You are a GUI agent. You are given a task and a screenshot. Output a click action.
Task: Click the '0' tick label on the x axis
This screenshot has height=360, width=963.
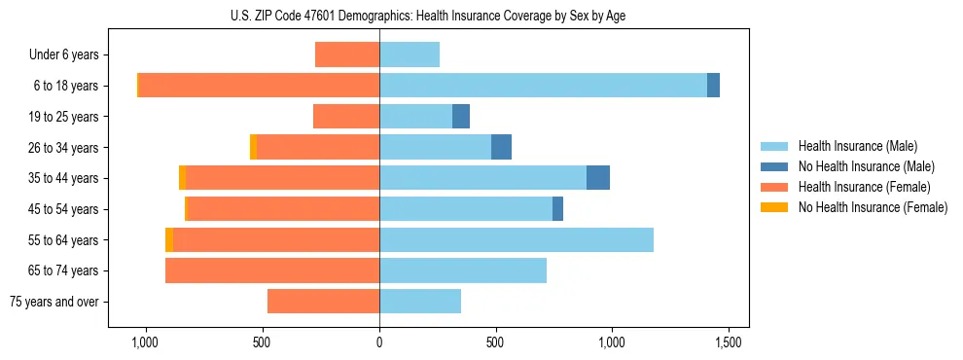coord(379,343)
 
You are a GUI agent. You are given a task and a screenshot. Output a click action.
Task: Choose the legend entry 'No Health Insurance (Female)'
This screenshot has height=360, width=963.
coord(873,207)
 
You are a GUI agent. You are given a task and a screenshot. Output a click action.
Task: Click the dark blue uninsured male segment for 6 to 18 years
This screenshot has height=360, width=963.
coord(713,86)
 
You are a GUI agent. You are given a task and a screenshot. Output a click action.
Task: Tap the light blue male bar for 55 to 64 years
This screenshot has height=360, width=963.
coord(516,239)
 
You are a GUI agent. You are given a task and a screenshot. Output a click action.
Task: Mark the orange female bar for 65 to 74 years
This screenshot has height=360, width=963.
coord(272,270)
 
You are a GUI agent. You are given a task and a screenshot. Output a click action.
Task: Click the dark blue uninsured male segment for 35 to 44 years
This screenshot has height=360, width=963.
coord(598,178)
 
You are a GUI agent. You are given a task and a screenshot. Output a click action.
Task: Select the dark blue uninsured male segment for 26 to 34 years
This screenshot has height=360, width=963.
coord(501,147)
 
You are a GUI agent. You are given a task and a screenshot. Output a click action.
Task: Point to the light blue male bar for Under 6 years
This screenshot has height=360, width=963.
coord(410,54)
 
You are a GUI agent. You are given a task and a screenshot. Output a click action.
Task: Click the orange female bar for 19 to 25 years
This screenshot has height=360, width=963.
coord(346,117)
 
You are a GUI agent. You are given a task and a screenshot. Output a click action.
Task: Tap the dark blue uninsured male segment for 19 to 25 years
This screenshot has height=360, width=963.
coord(461,117)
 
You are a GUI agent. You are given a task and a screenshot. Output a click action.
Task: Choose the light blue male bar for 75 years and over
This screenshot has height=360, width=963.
coord(420,302)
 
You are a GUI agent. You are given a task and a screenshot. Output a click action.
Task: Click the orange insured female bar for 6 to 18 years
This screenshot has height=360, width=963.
coord(259,86)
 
